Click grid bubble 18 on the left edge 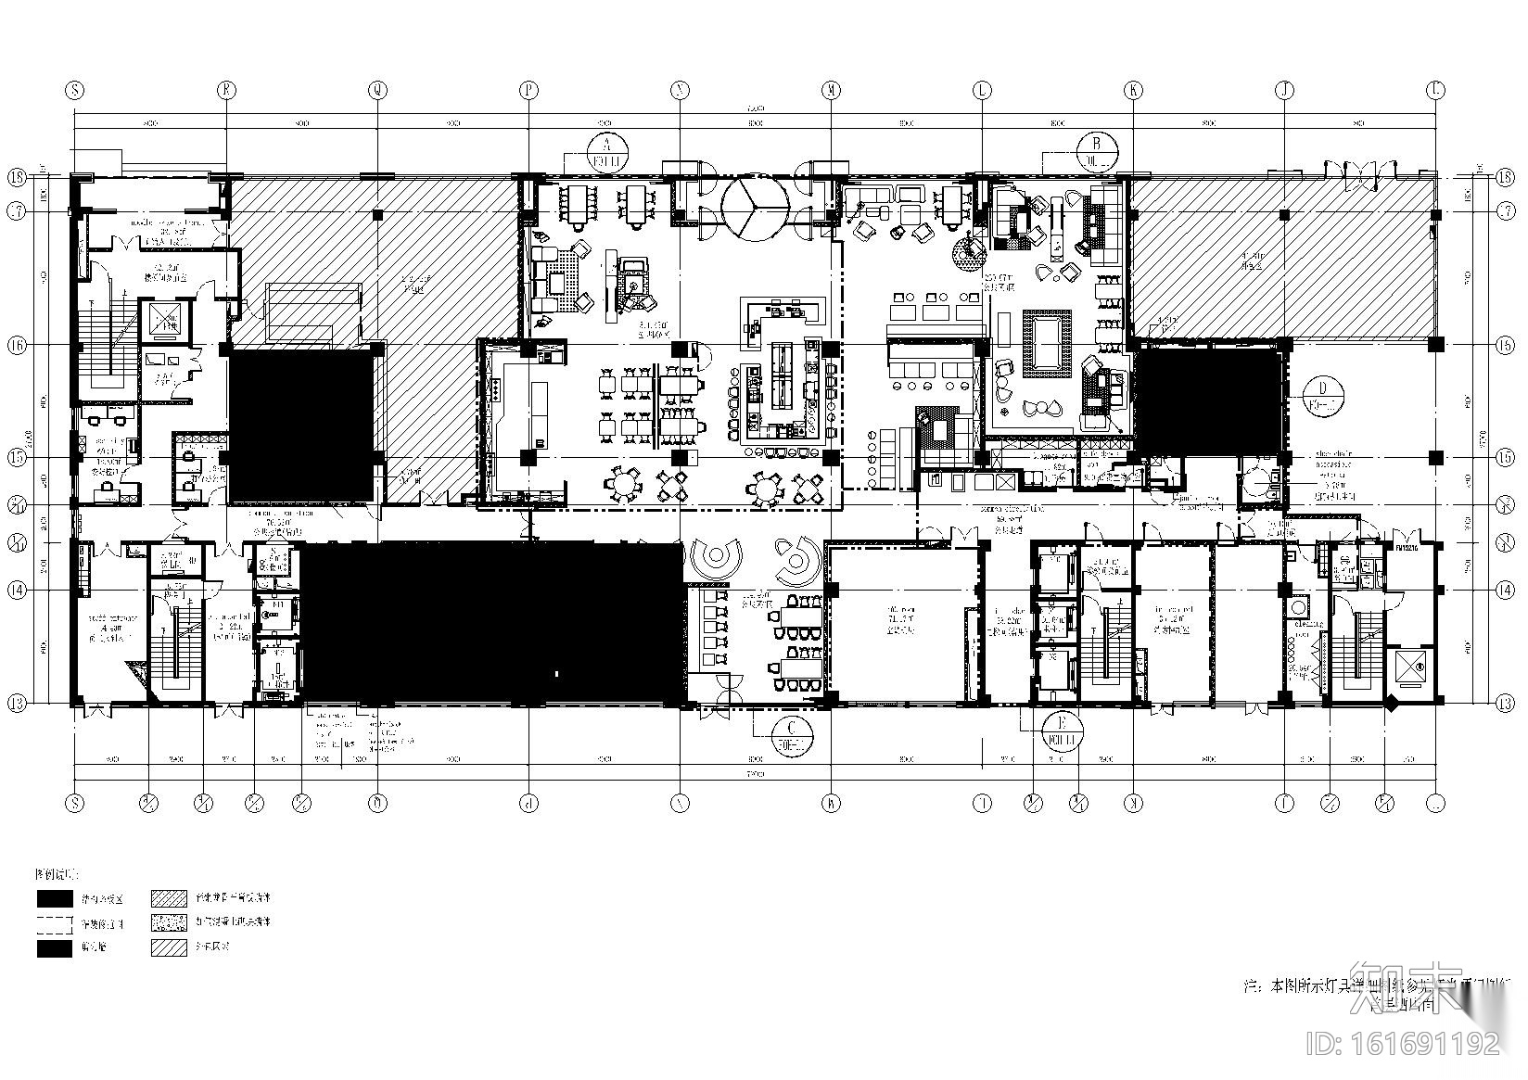pyautogui.click(x=17, y=176)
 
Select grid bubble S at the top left pyautogui.click(x=74, y=90)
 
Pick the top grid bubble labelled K pyautogui.click(x=1132, y=90)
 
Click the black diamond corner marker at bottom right pyautogui.click(x=1391, y=704)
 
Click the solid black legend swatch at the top pyautogui.click(x=55, y=898)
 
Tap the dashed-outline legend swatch pyautogui.click(x=55, y=923)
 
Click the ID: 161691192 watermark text pyautogui.click(x=1401, y=1044)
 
